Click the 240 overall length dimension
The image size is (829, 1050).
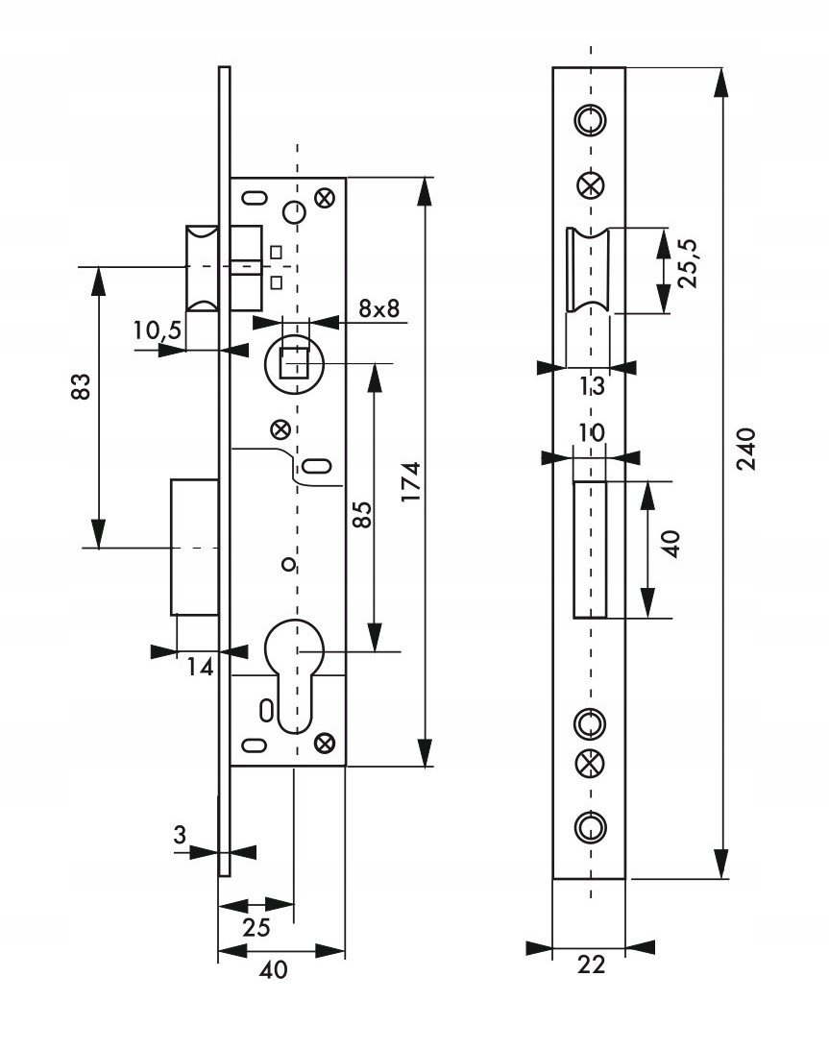click(746, 449)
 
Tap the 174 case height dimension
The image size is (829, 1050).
click(411, 481)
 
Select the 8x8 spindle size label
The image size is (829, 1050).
click(379, 308)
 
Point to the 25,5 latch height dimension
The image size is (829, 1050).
click(687, 263)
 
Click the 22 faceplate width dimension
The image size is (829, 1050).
click(591, 965)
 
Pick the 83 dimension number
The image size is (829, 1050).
click(81, 386)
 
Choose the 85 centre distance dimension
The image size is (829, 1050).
click(361, 514)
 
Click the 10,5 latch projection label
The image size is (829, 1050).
click(158, 330)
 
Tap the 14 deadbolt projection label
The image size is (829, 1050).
click(200, 667)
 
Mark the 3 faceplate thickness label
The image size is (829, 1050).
click(180, 835)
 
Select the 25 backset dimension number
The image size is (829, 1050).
click(256, 927)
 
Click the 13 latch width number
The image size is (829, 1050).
click(592, 386)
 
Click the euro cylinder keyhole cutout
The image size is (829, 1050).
click(294, 676)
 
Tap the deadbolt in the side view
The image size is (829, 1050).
click(195, 547)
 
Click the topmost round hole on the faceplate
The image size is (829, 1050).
click(590, 120)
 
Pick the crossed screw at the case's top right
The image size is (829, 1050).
click(325, 198)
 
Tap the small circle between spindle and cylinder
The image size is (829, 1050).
click(288, 565)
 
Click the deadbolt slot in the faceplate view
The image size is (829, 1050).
click(590, 549)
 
